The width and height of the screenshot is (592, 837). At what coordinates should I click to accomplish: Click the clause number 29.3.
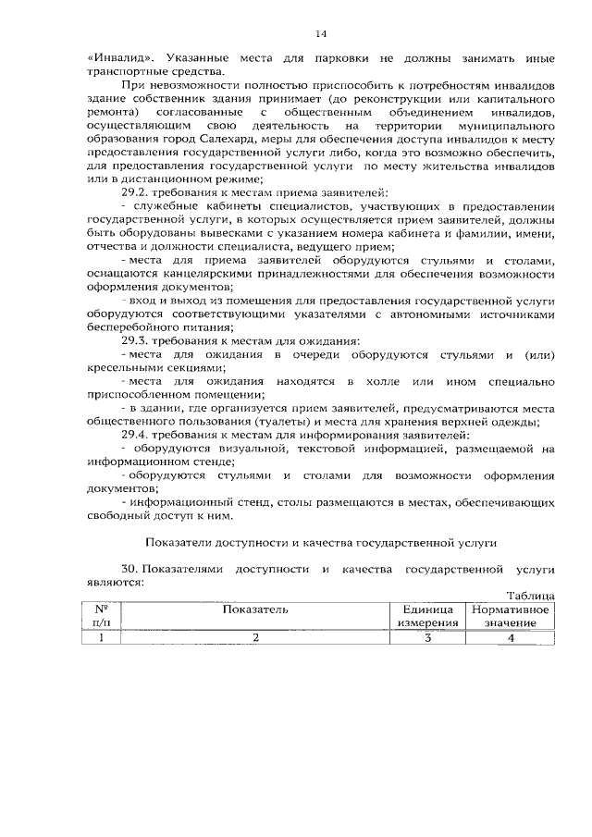[x=136, y=341]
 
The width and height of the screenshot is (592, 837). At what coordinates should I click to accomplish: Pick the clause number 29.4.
[x=136, y=435]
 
